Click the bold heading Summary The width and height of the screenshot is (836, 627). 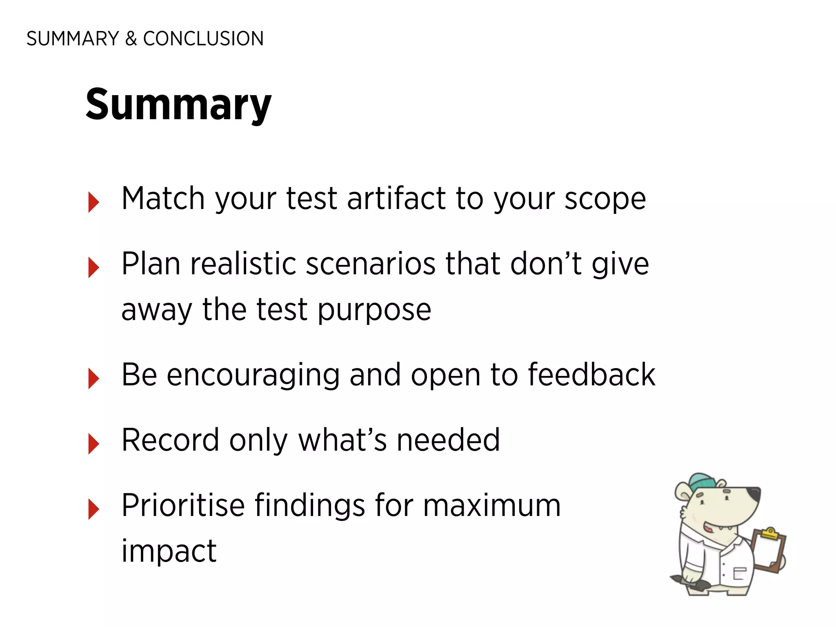pos(178,105)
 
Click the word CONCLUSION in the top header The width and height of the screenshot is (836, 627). pos(203,39)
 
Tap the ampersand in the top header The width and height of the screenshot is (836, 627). pos(131,39)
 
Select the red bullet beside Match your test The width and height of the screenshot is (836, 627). pos(93,202)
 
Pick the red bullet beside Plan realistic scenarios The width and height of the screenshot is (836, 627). pos(93,267)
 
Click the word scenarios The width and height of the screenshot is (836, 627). pos(371,264)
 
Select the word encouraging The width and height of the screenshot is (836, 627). pos(253,375)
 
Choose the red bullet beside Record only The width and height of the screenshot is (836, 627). pos(93,444)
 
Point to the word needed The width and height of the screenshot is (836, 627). pos(448,440)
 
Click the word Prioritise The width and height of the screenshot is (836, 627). pos(183,505)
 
